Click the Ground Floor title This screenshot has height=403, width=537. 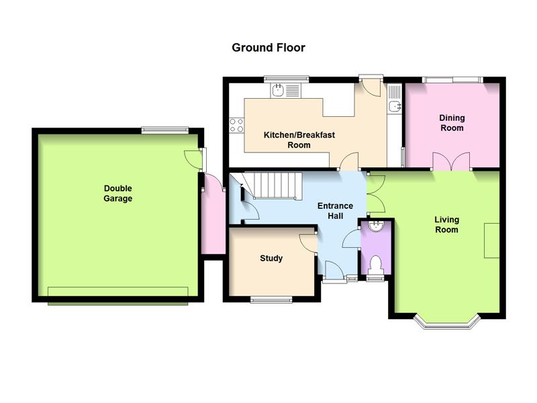click(x=268, y=48)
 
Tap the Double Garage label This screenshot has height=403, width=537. click(x=118, y=193)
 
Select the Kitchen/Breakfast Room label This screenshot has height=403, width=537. click(x=299, y=140)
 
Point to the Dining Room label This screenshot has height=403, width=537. click(x=452, y=123)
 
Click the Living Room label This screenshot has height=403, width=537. click(x=446, y=224)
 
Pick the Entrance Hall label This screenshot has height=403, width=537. click(x=335, y=211)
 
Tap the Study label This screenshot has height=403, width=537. click(x=271, y=258)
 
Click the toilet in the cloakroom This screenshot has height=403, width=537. click(x=376, y=265)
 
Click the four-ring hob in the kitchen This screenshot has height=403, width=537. click(x=237, y=125)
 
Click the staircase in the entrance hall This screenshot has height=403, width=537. click(x=273, y=185)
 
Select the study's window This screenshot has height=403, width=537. click(x=271, y=300)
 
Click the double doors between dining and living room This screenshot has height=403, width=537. click(x=451, y=161)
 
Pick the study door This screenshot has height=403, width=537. click(x=308, y=243)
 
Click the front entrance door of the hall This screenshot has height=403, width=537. click(x=334, y=271)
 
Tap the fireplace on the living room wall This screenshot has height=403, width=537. click(x=491, y=240)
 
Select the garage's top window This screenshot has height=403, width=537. click(x=165, y=130)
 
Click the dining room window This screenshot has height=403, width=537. click(x=452, y=80)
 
